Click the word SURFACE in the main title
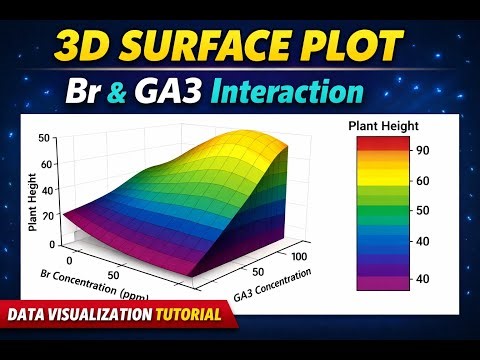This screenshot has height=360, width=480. pyautogui.click(x=214, y=48)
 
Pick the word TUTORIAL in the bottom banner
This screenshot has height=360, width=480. pyautogui.click(x=188, y=315)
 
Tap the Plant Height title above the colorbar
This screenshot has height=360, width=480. pyautogui.click(x=382, y=125)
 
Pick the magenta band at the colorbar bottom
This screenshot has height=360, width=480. pyautogui.click(x=382, y=281)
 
